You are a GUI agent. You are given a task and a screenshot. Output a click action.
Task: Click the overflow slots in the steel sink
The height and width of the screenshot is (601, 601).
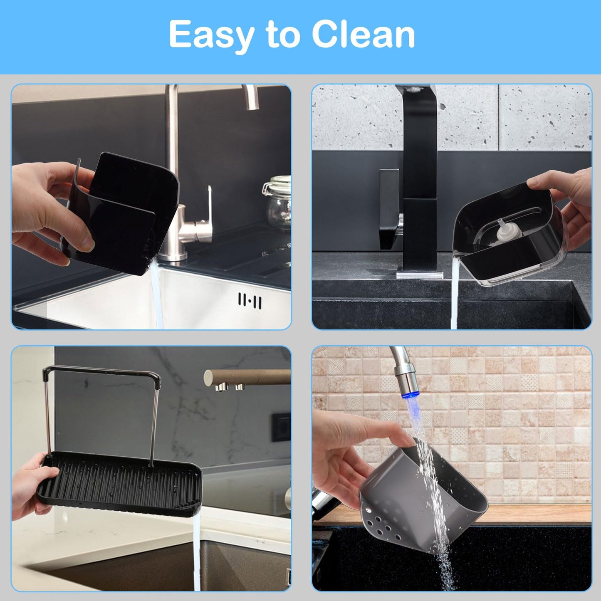pos(250,300)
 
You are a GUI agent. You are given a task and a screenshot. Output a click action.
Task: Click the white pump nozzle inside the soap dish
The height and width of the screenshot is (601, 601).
pos(502,233)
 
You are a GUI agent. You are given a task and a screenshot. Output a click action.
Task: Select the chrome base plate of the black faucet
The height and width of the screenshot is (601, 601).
pos(420,275)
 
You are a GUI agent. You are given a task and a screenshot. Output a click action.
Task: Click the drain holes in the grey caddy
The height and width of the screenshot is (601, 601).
pos(381,524)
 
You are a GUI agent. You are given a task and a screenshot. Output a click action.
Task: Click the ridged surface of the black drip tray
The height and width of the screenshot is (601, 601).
pos(121,482)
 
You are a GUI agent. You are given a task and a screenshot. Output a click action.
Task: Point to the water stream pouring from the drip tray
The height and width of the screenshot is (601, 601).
pos(197,553)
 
